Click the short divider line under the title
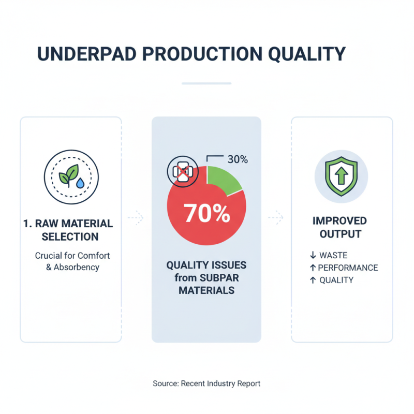(x=206, y=83)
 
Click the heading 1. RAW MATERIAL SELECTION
(x=68, y=230)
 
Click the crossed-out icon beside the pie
(x=181, y=172)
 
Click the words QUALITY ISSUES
(x=206, y=265)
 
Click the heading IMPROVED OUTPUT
(x=340, y=227)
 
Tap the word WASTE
(x=333, y=255)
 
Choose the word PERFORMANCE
(x=348, y=268)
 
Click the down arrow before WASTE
(x=313, y=255)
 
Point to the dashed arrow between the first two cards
(x=136, y=218)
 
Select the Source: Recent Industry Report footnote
(x=206, y=383)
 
